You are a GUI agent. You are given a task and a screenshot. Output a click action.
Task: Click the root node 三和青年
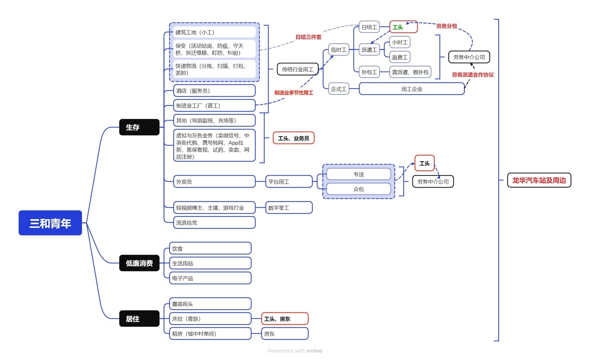[x=50, y=223]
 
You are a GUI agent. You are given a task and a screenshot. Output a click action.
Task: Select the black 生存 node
[x=139, y=127]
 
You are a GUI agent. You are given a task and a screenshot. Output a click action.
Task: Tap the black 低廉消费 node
[x=139, y=263]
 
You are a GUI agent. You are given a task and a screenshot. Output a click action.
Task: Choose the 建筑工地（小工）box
[x=215, y=32]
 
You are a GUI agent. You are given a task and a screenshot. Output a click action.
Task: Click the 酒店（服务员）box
[x=215, y=91]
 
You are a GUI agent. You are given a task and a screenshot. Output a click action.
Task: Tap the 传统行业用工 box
[x=298, y=69]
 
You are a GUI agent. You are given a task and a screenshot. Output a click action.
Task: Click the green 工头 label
[x=397, y=27]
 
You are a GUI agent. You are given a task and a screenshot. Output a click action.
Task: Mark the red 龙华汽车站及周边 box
[x=539, y=181]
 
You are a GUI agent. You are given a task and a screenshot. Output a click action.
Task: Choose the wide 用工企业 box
[x=412, y=89]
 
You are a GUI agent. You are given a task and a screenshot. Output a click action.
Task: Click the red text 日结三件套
[x=308, y=37]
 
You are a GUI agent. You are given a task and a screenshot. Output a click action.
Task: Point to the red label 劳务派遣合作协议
[x=473, y=75]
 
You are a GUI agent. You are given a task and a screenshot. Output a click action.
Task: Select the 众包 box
[x=358, y=189]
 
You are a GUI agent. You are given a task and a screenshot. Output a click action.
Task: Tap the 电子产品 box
[x=210, y=278]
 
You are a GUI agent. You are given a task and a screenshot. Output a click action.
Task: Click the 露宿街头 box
[x=210, y=304]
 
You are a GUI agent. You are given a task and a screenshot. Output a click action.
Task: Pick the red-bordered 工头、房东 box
[x=285, y=319]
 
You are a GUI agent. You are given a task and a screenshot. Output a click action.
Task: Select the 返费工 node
[x=400, y=57]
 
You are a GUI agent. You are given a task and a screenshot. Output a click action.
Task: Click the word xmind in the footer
[x=314, y=351]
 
